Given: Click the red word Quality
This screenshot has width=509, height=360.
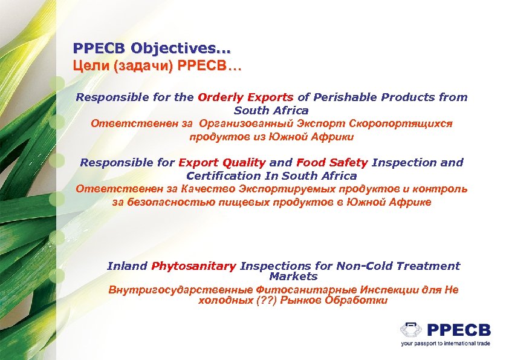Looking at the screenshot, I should pyautogui.click(x=244, y=163).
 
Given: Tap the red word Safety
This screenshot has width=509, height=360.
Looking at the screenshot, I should pyautogui.click(x=349, y=163).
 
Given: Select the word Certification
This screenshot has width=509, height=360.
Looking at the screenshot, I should pyautogui.click(x=224, y=176).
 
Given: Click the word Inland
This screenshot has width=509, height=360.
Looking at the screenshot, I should pyautogui.click(x=127, y=266).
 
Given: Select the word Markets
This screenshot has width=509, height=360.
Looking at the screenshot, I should pyautogui.click(x=293, y=277).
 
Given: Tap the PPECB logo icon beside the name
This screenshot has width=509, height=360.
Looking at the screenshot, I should pyautogui.click(x=411, y=330).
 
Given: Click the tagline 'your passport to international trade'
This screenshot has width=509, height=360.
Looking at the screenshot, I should pyautogui.click(x=446, y=343).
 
